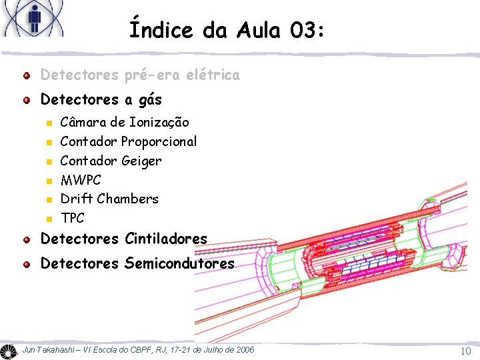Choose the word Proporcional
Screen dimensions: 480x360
point(159,141)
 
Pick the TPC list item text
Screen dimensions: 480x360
point(73,218)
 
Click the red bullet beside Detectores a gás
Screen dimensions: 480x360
point(26,101)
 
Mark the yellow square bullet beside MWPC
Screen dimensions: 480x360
point(47,180)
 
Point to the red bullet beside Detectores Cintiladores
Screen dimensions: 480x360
point(26,239)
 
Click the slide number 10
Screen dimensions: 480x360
point(465,351)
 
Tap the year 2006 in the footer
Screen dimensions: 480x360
point(243,350)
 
